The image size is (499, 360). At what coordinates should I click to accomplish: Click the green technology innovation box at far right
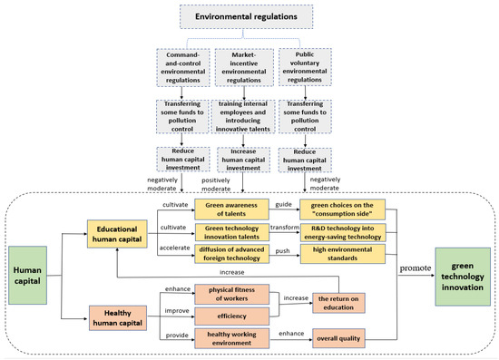(x=459, y=269)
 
